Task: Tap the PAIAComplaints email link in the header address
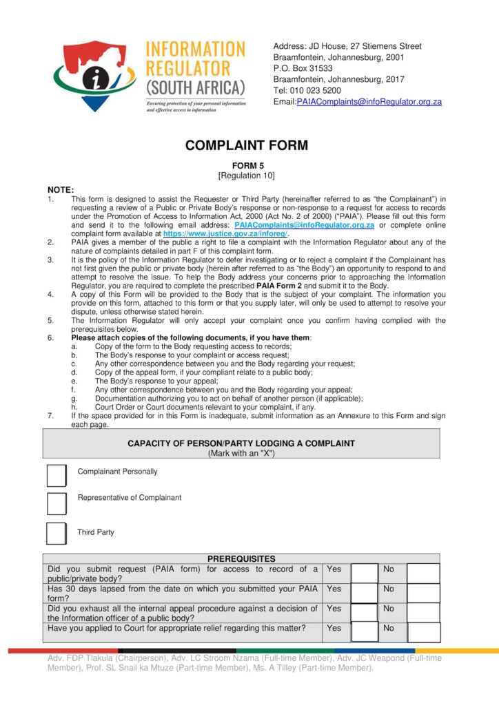pos(369,102)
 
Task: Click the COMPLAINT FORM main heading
pos(246,145)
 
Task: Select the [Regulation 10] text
pos(247,176)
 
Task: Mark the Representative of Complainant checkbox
pos(57,503)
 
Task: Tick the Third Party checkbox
pos(57,534)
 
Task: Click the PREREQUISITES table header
pos(241,559)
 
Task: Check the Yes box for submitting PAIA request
pos(365,574)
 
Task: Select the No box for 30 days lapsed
pos(423,593)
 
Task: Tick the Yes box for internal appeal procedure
pos(365,612)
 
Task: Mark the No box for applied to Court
pos(423,632)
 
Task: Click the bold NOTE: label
pos(61,190)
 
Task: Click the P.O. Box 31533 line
pos(303,68)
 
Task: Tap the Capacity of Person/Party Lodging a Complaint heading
pos(241,443)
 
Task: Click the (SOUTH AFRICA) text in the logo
pos(195,87)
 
